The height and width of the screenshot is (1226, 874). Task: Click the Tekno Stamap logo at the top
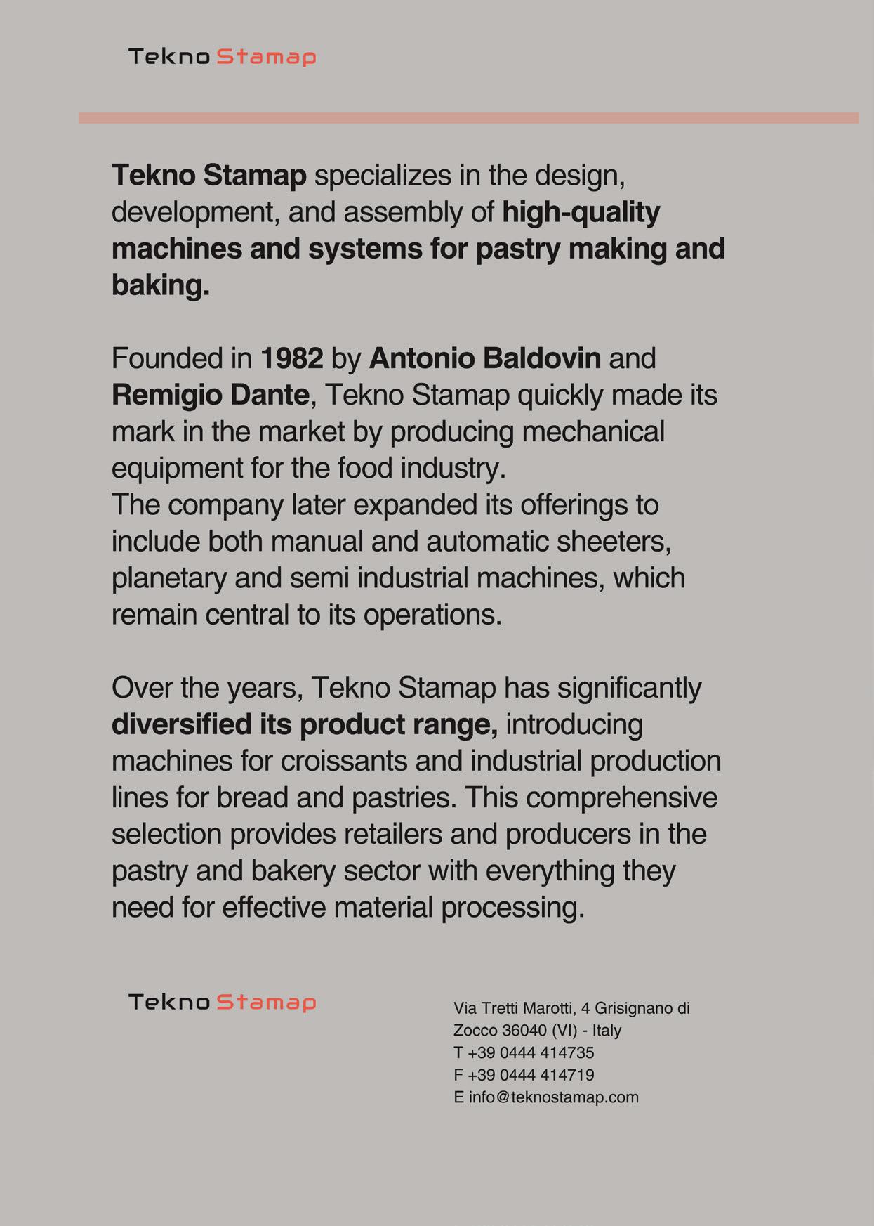tap(222, 57)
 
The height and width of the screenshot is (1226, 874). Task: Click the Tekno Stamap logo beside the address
tap(222, 1002)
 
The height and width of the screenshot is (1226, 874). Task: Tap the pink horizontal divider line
tap(468, 118)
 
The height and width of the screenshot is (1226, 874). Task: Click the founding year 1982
tap(291, 359)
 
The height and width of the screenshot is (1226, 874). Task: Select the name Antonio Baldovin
tap(484, 359)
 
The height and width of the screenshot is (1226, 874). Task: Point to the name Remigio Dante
tap(210, 396)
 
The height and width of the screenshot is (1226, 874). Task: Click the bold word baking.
tap(160, 286)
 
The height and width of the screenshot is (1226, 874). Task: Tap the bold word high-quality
tap(581, 213)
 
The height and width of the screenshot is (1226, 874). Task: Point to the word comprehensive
tap(621, 798)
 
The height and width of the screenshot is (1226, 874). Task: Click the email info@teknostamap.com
tap(553, 1097)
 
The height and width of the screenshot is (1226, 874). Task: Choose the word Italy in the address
tap(607, 1031)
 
